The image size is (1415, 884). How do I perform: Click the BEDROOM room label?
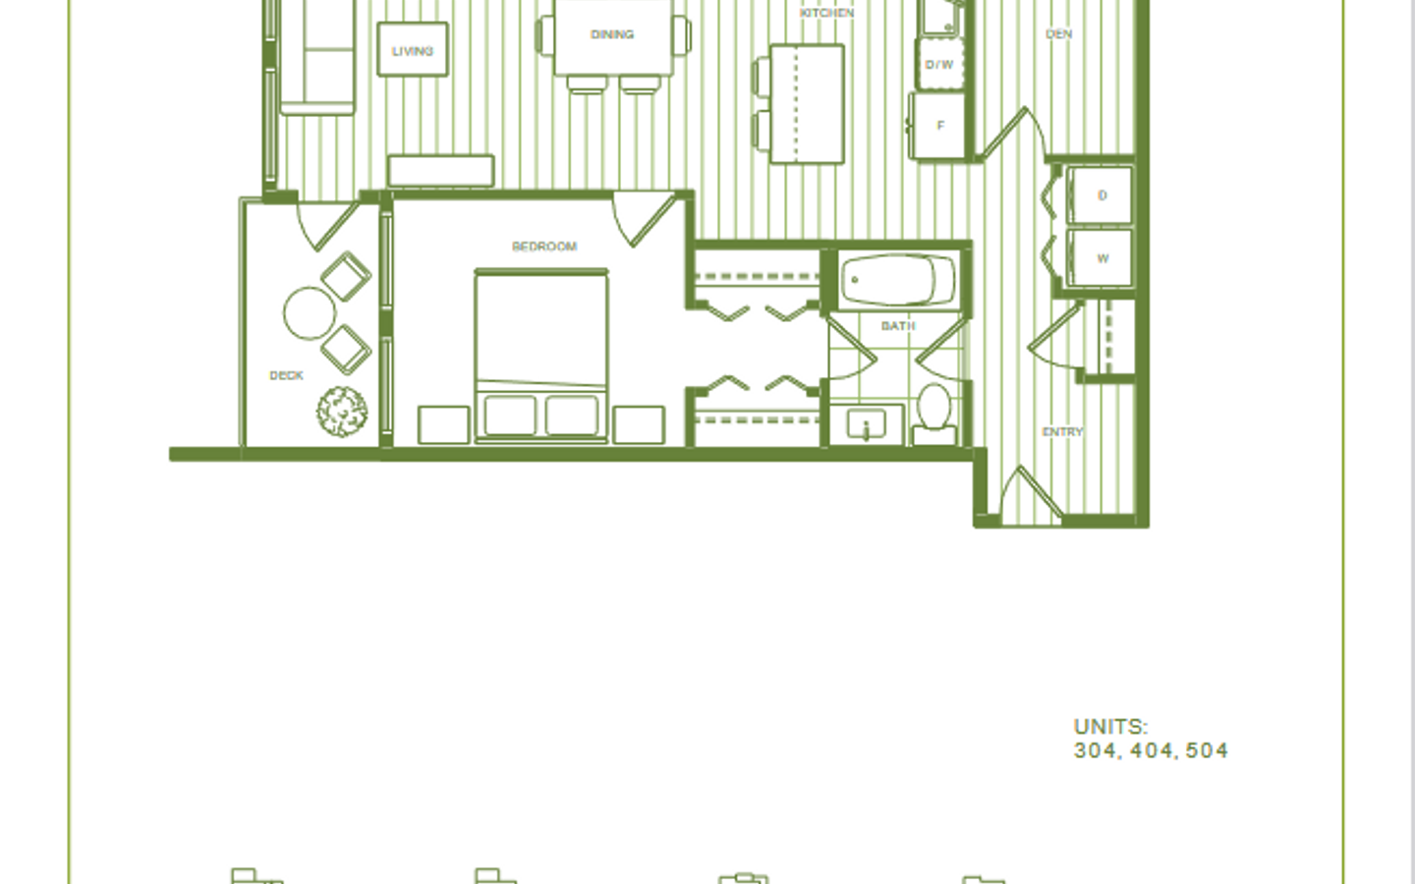click(x=544, y=247)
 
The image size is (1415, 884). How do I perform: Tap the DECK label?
click(x=286, y=375)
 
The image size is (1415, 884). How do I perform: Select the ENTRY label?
click(x=1062, y=432)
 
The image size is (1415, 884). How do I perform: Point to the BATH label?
click(x=898, y=326)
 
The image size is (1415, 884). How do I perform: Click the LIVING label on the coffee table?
click(x=413, y=51)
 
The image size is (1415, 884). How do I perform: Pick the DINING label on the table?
click(x=612, y=34)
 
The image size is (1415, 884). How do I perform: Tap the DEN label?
click(x=1058, y=34)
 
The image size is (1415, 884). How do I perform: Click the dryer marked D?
click(x=1100, y=195)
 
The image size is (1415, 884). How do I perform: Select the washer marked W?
click(x=1100, y=257)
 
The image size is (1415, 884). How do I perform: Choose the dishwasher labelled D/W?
click(x=940, y=64)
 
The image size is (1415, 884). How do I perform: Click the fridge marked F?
click(x=937, y=126)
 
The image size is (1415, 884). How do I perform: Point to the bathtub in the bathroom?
click(x=898, y=280)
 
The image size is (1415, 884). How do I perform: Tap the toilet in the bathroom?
click(x=934, y=414)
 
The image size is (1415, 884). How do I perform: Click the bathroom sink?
click(x=866, y=424)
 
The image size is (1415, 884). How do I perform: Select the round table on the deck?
click(x=310, y=314)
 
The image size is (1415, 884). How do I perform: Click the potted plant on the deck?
click(x=342, y=412)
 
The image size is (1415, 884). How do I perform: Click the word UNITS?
click(x=1110, y=727)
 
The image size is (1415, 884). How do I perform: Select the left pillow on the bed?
click(x=510, y=415)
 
